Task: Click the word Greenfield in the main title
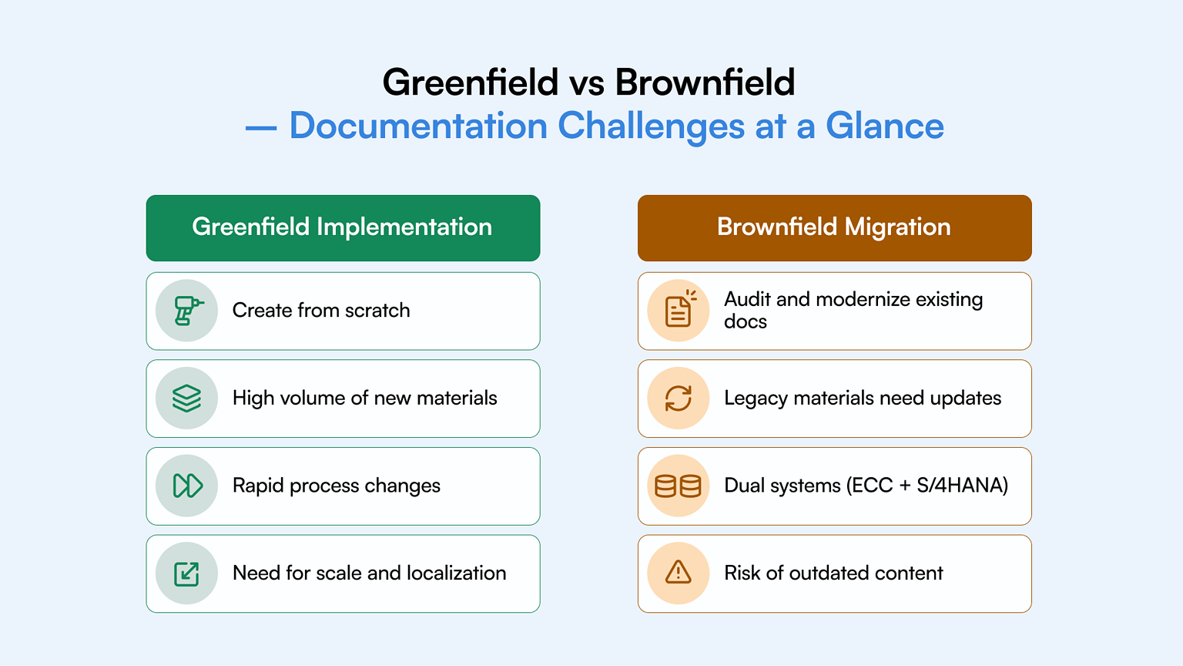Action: coord(471,83)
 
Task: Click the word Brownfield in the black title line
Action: coord(705,83)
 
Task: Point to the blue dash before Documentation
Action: coord(261,129)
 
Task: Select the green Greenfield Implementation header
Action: coord(344,228)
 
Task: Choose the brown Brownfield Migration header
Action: coord(834,228)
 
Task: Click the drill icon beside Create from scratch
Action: coord(188,311)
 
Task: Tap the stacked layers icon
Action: coord(187,399)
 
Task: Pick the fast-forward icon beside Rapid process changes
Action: coord(187,486)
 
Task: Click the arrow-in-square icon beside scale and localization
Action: coord(186,574)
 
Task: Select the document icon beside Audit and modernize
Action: coord(680,308)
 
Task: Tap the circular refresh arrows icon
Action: coord(678,399)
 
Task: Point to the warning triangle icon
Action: coord(678,573)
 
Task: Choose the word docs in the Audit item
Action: coord(746,321)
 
